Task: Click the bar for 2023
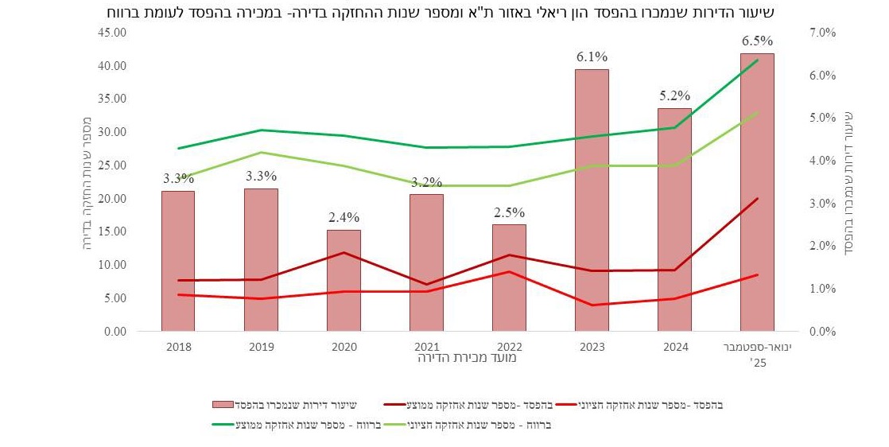coord(592,199)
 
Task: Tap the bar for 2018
coord(178,260)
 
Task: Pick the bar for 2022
coord(509,277)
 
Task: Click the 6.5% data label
coord(757,41)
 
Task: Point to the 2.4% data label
coord(344,217)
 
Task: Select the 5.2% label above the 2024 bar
coord(674,95)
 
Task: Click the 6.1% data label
coord(592,56)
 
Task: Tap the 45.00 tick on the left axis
coord(112,33)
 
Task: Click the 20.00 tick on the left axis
coord(112,198)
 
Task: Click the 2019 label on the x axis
coord(261,347)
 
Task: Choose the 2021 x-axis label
coord(426,347)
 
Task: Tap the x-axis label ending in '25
coord(757,354)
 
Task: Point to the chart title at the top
coord(444,12)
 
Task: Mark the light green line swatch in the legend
coord(398,425)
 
